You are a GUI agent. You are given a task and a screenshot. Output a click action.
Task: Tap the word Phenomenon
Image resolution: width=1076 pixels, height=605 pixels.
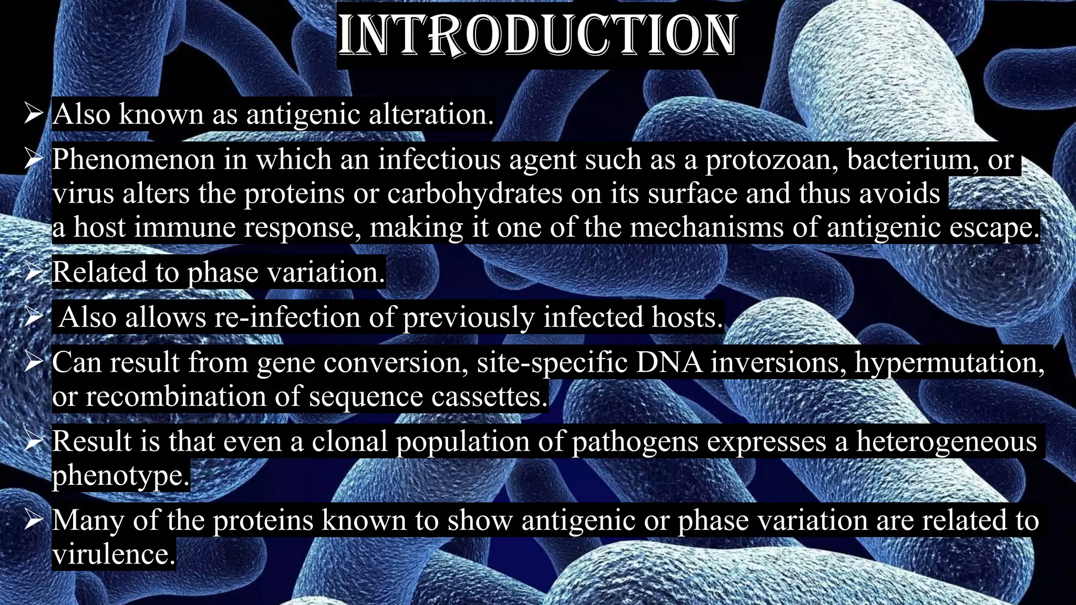(133, 160)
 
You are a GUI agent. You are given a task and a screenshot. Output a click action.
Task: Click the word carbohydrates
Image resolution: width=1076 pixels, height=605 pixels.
(475, 193)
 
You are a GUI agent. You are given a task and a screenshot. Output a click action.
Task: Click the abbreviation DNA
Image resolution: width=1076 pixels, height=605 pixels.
(669, 362)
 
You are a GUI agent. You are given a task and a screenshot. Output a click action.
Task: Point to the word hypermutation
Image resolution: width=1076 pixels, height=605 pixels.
(950, 363)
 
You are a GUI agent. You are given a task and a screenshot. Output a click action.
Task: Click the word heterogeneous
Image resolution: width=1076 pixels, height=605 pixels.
(947, 442)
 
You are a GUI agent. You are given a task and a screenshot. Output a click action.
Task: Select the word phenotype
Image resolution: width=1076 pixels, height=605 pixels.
(120, 476)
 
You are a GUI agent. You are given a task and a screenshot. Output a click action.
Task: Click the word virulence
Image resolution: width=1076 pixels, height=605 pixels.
(113, 555)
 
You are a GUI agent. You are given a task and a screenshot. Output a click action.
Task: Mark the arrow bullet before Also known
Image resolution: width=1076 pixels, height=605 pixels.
(34, 114)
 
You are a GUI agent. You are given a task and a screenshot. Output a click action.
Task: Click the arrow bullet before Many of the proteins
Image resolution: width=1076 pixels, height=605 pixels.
(34, 520)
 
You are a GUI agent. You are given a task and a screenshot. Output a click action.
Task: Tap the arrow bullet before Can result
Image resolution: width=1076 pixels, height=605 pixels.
(34, 362)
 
